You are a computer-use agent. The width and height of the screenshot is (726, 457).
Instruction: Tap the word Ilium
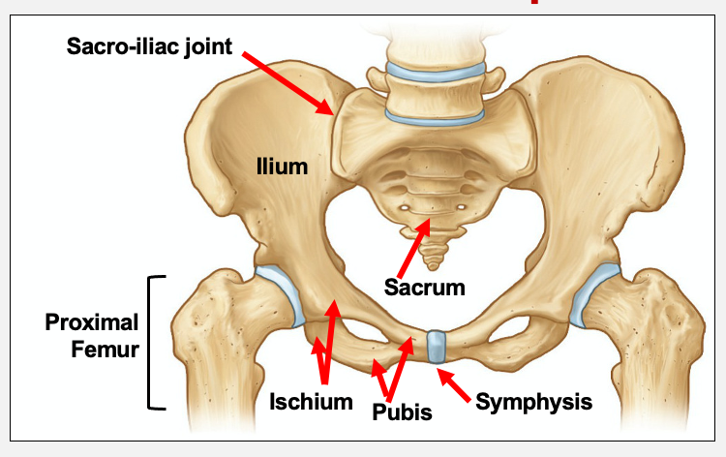[x=282, y=167]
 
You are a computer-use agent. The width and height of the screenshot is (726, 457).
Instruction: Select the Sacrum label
[x=424, y=287]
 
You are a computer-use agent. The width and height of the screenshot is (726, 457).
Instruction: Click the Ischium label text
[x=311, y=401]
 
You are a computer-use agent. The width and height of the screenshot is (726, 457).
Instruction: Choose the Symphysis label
[x=533, y=401]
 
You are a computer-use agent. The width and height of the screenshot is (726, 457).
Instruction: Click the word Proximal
[x=92, y=322]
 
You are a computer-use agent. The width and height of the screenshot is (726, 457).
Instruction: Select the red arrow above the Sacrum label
[x=411, y=246]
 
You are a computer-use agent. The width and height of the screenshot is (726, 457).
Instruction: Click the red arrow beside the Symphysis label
[x=459, y=383]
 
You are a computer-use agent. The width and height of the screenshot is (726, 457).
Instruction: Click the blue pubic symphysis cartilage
[x=436, y=347]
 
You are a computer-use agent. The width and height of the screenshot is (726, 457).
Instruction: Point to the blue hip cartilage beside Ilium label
[x=284, y=289]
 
